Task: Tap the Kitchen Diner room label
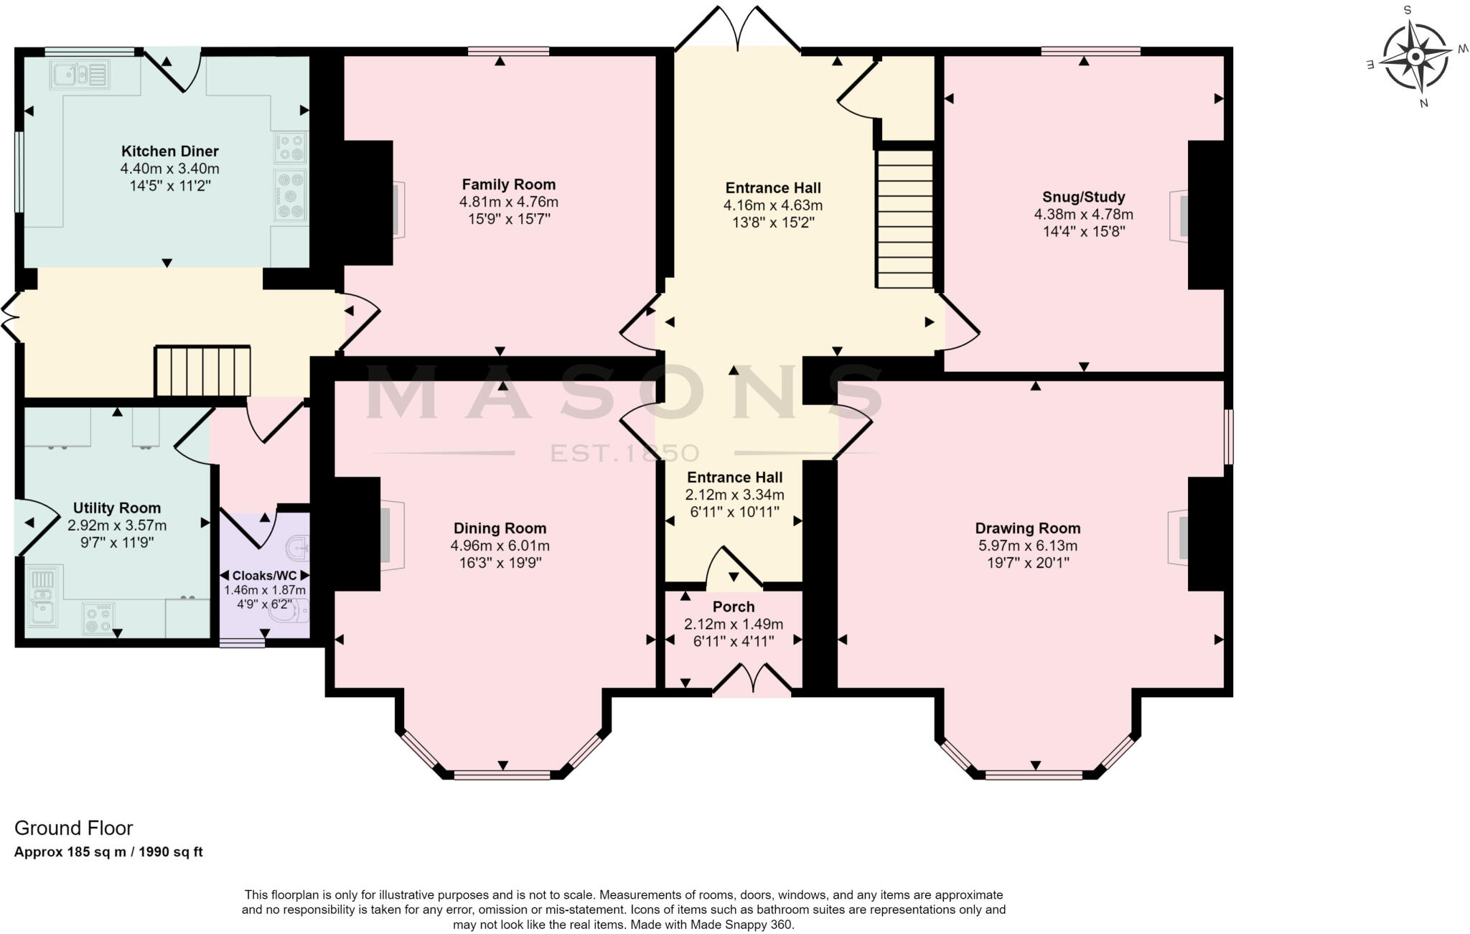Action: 169,151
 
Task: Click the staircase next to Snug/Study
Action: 905,218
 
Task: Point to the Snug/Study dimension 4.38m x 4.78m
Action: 1083,214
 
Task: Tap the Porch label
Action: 733,607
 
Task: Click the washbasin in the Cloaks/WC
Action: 296,550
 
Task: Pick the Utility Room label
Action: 117,508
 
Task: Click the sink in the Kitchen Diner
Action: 79,73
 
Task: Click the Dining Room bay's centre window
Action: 502,775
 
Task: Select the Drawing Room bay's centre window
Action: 1034,775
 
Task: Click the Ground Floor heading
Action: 74,828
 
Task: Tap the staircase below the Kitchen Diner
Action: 203,371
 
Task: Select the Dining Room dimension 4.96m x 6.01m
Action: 500,546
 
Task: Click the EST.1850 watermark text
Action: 624,453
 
